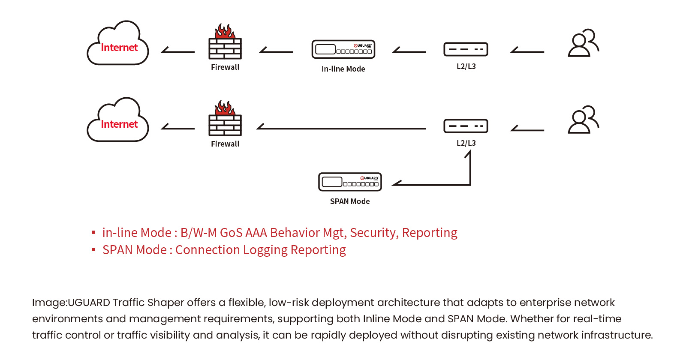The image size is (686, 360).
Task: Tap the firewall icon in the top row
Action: (x=225, y=43)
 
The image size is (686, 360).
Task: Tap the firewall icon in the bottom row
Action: (x=225, y=120)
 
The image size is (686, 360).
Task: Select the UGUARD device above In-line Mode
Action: (x=343, y=49)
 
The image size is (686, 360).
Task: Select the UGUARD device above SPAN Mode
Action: (x=350, y=182)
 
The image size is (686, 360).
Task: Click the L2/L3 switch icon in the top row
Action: (x=466, y=49)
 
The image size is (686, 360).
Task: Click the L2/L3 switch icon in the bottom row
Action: (x=466, y=126)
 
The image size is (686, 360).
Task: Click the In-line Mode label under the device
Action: (x=343, y=69)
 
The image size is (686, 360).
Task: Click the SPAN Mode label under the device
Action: (x=350, y=201)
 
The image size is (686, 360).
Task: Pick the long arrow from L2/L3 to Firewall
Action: (x=341, y=128)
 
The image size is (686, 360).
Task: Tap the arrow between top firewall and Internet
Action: (x=178, y=51)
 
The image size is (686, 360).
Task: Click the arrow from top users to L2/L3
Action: (x=527, y=51)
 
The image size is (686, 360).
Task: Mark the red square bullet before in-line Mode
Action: (x=93, y=233)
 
